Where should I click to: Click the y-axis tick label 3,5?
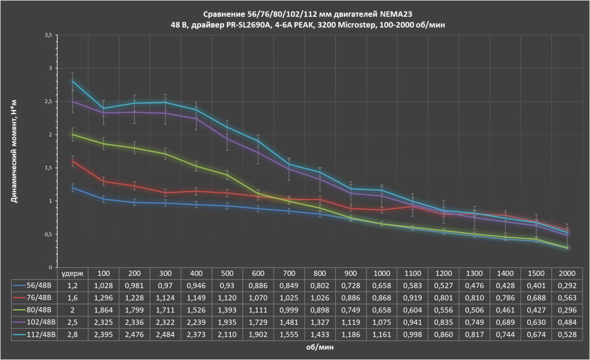[48, 35]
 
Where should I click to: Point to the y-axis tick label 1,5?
[48, 168]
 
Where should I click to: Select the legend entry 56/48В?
[35, 285]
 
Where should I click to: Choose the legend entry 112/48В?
[35, 334]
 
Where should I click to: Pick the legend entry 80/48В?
[35, 309]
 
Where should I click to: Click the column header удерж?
[73, 272]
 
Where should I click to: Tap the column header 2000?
[568, 272]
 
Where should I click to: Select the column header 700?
[289, 272]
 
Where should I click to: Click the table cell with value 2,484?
[166, 334]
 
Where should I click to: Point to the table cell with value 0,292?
[568, 285]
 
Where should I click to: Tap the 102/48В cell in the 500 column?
[228, 322]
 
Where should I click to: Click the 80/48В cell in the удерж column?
[73, 309]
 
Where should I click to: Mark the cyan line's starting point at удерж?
[73, 81]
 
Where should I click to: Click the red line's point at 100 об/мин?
[104, 181]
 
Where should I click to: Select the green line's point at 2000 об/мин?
[568, 248]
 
